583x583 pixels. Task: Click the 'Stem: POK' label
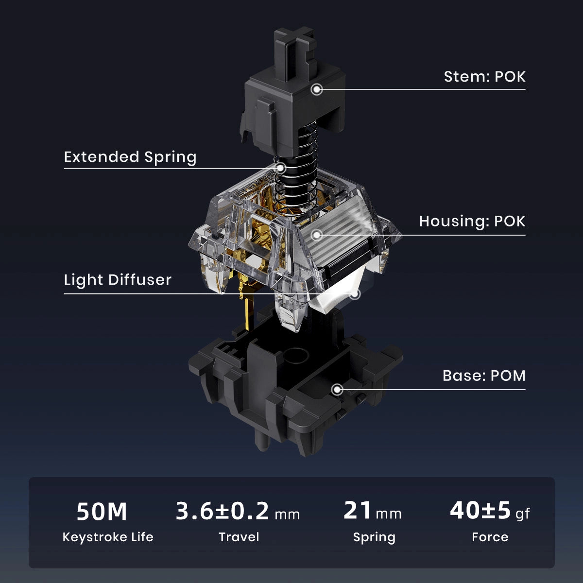(x=484, y=77)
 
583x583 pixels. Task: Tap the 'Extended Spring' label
(x=130, y=157)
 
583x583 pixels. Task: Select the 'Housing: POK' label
(x=472, y=222)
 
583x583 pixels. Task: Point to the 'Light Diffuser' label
(x=118, y=280)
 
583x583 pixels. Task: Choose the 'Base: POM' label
(x=484, y=376)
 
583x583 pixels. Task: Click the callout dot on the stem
(x=317, y=89)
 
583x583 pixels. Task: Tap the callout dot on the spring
(x=280, y=168)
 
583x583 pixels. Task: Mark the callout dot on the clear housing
(x=317, y=235)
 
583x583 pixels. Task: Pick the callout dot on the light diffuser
(x=356, y=293)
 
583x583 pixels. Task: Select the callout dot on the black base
(x=337, y=390)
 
